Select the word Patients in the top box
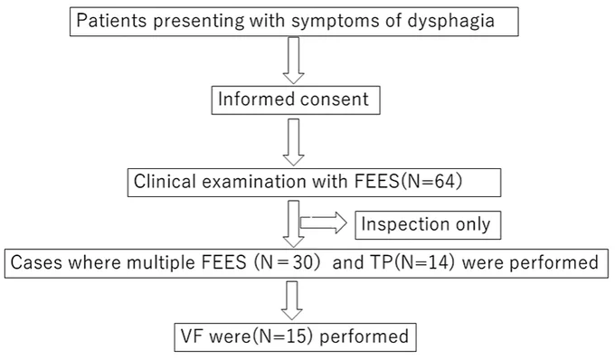(112, 21)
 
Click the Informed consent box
(296, 100)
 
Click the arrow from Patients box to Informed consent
(293, 60)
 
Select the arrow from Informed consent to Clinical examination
(293, 142)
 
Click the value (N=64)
(430, 182)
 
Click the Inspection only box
(428, 225)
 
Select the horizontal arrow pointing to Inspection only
(324, 223)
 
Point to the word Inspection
(405, 224)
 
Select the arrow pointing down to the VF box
(292, 300)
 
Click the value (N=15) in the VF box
(282, 336)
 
